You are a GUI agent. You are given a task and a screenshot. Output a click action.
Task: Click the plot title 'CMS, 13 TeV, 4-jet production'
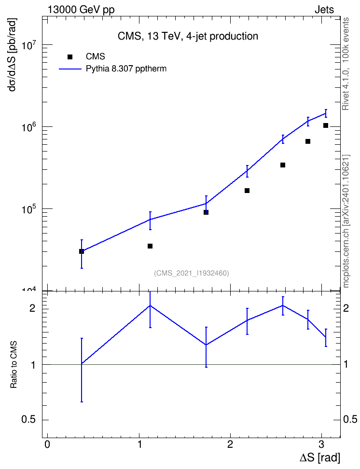[188, 36]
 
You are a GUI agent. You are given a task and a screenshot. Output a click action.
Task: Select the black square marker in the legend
[70, 56]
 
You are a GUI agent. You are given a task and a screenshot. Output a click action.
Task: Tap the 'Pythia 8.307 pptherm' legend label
[126, 69]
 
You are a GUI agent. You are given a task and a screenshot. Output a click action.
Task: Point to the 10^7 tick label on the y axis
[29, 46]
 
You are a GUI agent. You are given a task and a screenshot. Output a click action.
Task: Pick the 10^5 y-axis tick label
[29, 210]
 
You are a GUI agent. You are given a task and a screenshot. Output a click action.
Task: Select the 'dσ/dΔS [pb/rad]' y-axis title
[13, 55]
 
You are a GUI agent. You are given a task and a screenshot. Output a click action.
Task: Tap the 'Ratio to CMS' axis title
[14, 365]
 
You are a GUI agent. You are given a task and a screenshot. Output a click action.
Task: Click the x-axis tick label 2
[230, 444]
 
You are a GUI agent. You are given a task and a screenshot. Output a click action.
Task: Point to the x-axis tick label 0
[47, 444]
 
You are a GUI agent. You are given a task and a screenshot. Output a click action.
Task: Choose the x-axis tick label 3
[321, 444]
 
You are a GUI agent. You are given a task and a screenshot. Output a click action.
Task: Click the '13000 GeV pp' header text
[81, 10]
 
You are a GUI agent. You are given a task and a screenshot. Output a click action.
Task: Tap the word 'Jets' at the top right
[324, 10]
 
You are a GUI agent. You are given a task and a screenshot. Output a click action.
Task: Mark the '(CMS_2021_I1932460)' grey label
[192, 273]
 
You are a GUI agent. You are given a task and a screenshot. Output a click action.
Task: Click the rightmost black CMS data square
[326, 125]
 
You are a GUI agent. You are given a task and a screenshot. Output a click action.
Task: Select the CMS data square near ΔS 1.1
[150, 246]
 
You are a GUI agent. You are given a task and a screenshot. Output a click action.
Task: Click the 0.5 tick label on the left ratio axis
[28, 420]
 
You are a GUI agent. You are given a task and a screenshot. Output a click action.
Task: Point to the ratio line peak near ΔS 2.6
[282, 305]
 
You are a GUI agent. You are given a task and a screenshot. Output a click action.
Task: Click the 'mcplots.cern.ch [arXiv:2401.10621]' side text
[346, 221]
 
